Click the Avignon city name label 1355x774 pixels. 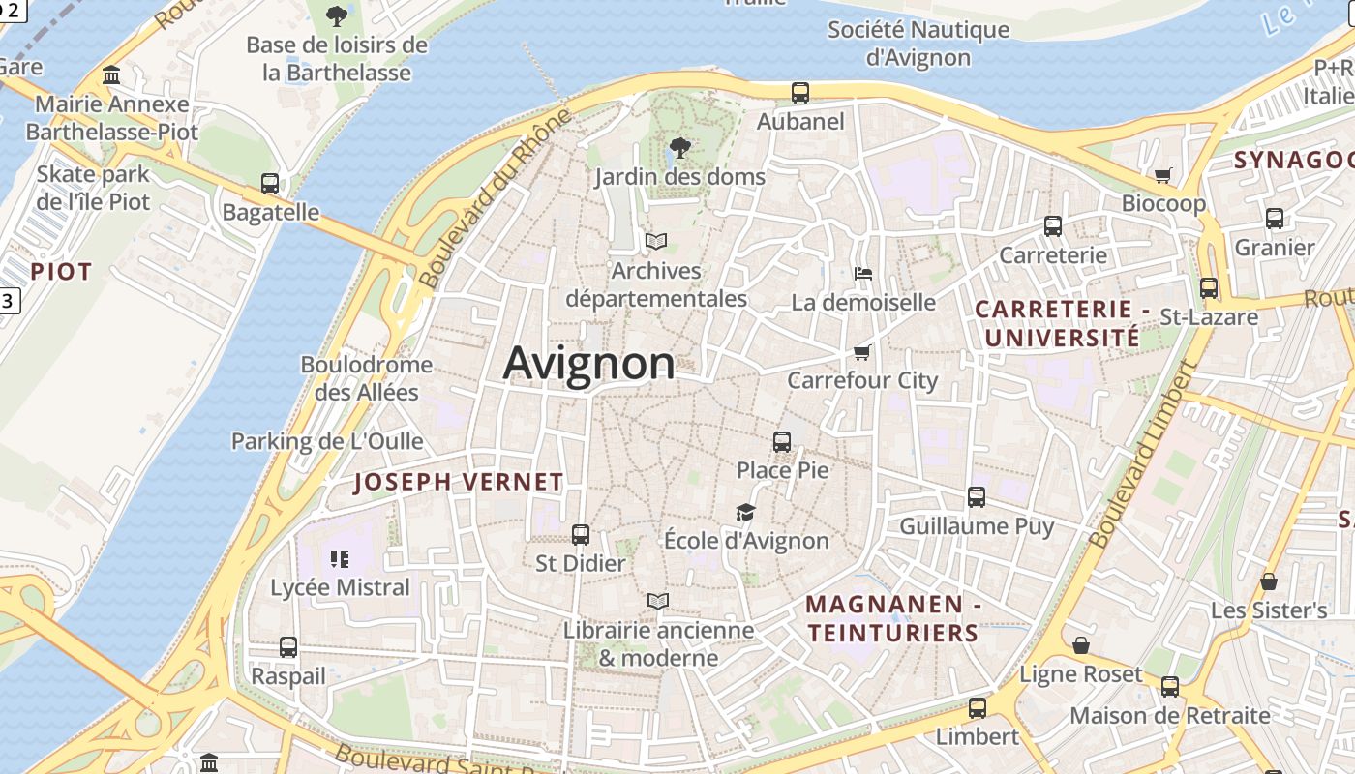(x=588, y=363)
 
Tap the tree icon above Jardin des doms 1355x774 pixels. (x=680, y=148)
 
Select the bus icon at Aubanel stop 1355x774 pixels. (x=800, y=93)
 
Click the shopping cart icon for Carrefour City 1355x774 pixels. (x=862, y=352)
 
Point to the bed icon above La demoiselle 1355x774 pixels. (x=863, y=274)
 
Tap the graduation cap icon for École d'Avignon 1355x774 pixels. (x=745, y=512)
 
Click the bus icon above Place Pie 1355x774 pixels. (x=782, y=442)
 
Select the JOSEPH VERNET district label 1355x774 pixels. (x=459, y=482)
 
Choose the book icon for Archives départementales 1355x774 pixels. (x=656, y=241)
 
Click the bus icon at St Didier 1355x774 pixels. (x=581, y=534)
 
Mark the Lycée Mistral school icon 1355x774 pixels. (x=340, y=558)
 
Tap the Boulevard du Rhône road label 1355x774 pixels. (x=496, y=198)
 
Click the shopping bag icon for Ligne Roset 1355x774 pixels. (x=1081, y=645)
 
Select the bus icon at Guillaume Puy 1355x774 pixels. (x=977, y=497)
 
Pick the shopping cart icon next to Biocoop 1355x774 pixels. (x=1163, y=175)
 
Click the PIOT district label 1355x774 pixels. (x=61, y=272)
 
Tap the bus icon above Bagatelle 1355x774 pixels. (x=270, y=183)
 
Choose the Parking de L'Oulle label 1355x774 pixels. (x=327, y=441)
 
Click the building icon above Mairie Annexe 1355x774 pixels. (x=111, y=75)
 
